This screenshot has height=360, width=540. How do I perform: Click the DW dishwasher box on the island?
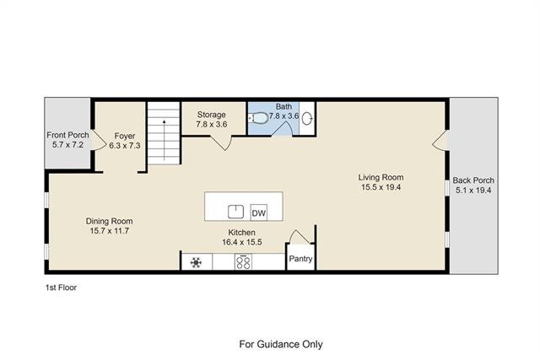259,212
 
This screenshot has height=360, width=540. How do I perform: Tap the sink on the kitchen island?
236,212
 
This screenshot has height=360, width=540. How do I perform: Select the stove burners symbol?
243,262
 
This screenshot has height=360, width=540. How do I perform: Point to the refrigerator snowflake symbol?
196,262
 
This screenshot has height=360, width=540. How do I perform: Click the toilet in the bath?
258,118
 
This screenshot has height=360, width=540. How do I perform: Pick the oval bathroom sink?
307,118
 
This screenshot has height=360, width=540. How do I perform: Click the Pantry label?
300,259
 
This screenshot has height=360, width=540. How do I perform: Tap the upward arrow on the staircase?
165,140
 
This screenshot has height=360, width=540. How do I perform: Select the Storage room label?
212,115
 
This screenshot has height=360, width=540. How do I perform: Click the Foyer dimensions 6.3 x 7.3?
125,146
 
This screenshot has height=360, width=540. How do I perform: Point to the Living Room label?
381,177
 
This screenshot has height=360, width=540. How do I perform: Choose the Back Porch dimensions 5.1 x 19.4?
473,190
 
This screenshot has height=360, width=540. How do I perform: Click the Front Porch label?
67,135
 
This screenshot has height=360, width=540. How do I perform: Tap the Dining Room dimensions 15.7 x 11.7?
110,231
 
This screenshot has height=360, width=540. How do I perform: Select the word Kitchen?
242,233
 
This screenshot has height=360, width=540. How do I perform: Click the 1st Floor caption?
61,287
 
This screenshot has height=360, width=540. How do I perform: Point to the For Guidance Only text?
281,344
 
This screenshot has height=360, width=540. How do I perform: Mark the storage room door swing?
221,142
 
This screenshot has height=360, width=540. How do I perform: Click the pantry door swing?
300,237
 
